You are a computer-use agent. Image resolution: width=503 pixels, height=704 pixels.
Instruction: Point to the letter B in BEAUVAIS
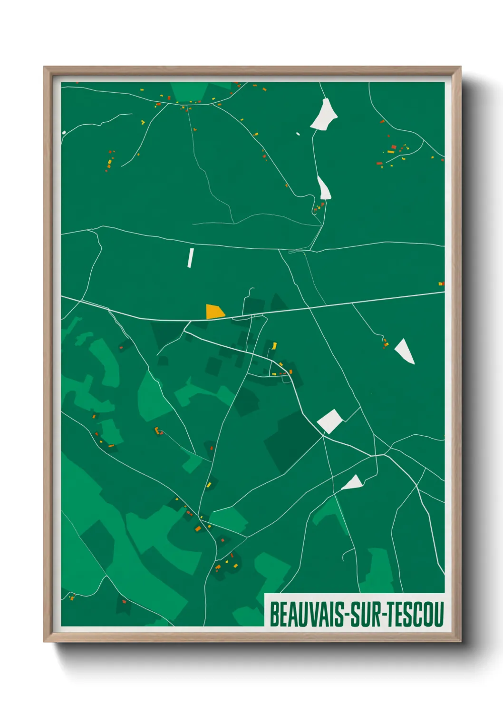(x=274, y=614)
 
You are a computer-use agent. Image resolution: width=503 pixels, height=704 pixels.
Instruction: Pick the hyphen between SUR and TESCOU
(x=383, y=615)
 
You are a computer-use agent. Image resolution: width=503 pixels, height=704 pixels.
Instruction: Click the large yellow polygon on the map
(x=214, y=312)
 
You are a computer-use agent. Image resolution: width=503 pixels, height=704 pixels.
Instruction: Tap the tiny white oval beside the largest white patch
(x=298, y=134)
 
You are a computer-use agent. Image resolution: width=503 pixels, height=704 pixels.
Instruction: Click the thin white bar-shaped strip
(x=191, y=258)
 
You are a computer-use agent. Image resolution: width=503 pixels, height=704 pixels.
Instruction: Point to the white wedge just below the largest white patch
(x=324, y=188)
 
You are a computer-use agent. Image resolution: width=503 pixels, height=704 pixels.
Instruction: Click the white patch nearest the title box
(x=353, y=483)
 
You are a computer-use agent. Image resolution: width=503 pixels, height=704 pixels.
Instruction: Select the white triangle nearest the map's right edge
(x=405, y=351)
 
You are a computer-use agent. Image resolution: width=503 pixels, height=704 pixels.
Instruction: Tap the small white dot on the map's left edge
(x=64, y=133)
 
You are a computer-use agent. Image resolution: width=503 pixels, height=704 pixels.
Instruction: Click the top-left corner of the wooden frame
(x=44, y=67)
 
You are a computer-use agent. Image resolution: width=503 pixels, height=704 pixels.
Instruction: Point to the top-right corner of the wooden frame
(x=460, y=67)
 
